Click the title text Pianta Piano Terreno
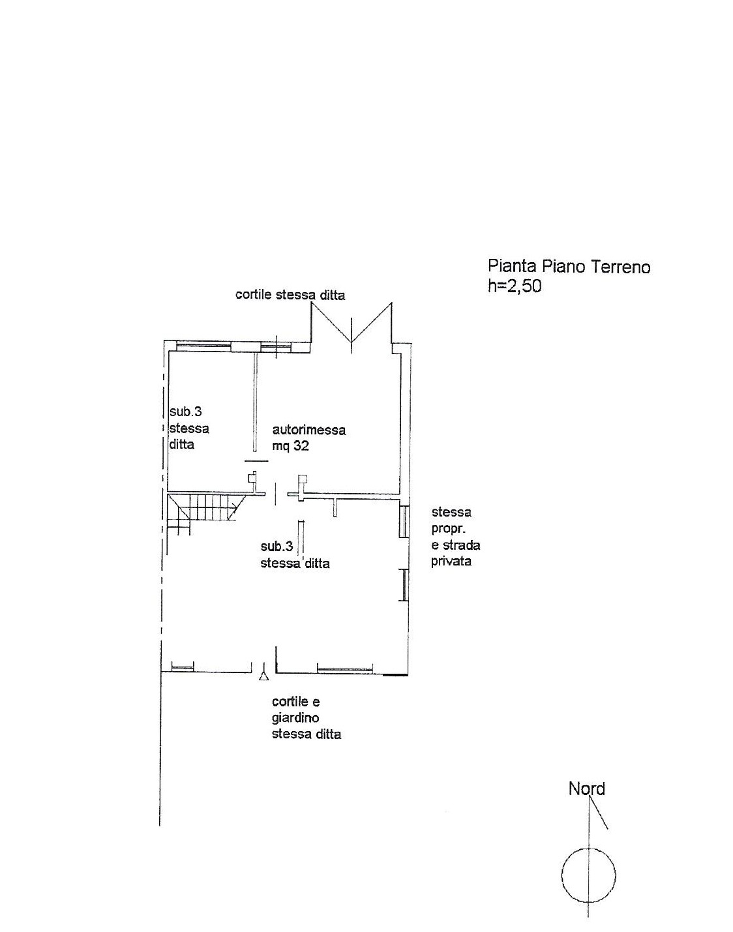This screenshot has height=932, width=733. click(569, 267)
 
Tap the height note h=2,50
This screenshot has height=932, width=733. click(515, 286)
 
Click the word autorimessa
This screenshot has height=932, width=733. click(309, 430)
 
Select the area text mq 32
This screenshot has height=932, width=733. click(290, 445)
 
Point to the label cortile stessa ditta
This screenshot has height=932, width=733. click(290, 295)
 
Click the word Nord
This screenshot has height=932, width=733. click(586, 789)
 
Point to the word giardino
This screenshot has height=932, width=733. click(295, 718)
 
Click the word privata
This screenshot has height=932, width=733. click(451, 562)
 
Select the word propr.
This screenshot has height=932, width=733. click(448, 529)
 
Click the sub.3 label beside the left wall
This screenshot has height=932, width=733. click(185, 411)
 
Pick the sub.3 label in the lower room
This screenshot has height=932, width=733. click(277, 547)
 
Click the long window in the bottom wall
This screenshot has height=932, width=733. click(345, 669)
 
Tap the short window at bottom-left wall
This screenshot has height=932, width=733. click(183, 667)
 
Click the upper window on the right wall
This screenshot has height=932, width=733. click(404, 521)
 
